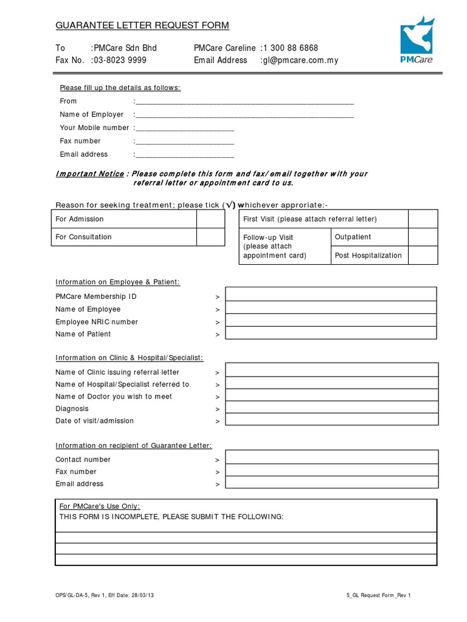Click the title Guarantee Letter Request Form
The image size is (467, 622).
142,26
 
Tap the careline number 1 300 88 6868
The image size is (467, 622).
291,48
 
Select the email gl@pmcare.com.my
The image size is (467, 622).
300,60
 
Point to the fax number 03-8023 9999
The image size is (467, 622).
120,60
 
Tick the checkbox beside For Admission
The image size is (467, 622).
210,219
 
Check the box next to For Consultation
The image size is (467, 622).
210,237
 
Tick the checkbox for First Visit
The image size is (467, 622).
422,219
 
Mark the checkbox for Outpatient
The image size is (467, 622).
422,238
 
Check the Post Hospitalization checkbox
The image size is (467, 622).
422,256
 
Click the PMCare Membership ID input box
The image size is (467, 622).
331,295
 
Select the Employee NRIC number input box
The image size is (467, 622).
331,321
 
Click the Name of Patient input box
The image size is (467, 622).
331,333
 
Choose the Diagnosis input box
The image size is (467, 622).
332,408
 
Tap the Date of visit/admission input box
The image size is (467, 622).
332,420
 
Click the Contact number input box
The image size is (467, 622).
332,458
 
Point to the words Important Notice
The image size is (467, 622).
89,174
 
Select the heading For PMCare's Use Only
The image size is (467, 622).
100,506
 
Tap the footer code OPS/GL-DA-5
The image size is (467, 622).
75,596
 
